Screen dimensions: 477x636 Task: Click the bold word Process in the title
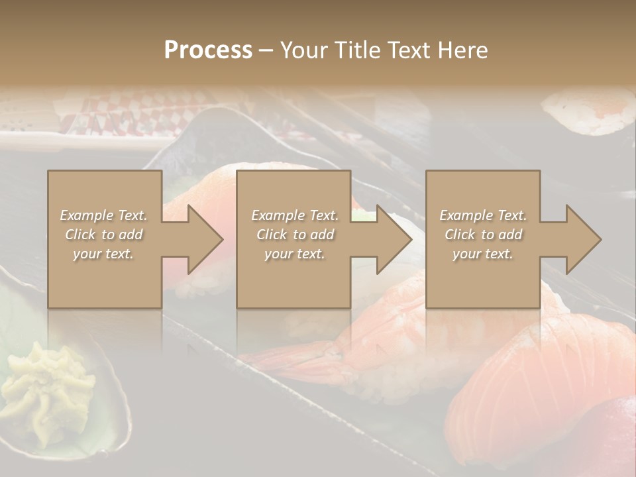[208, 50]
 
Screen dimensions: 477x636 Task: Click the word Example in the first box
[87, 215]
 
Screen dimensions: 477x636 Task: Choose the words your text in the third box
[483, 254]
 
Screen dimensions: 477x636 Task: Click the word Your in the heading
[305, 50]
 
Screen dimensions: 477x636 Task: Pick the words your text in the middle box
[294, 254]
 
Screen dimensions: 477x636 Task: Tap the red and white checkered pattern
[132, 113]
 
